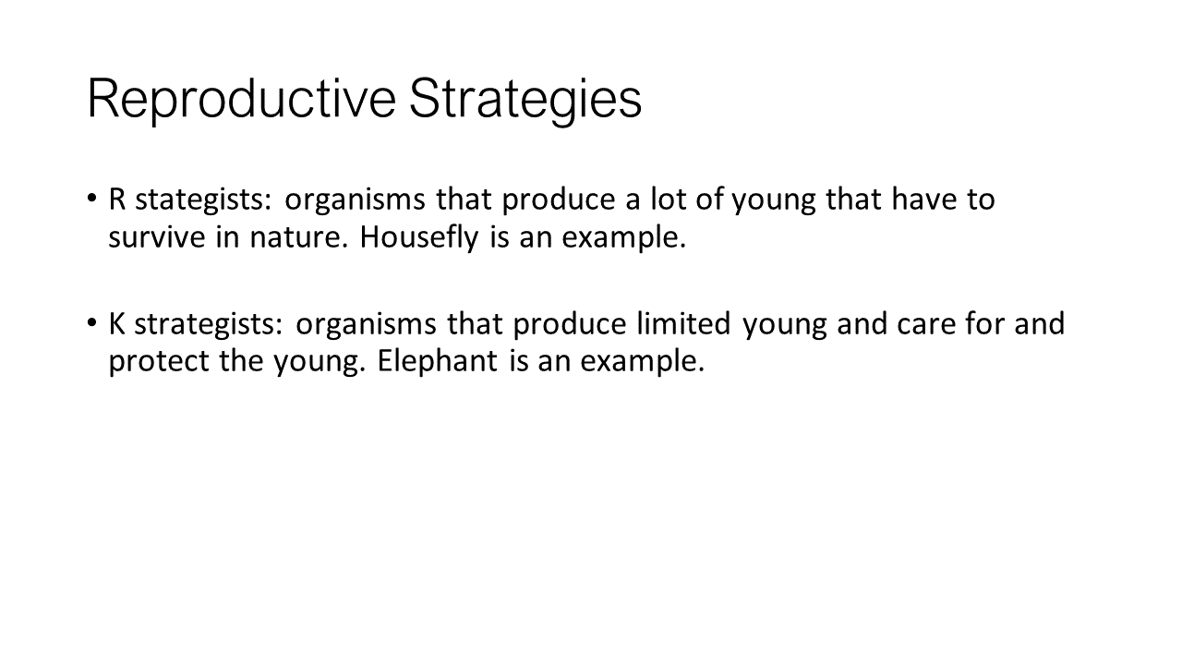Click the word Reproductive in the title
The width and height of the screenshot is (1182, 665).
click(x=242, y=100)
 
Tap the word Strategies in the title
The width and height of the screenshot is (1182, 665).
click(x=525, y=100)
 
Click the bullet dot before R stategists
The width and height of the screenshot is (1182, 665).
click(x=91, y=199)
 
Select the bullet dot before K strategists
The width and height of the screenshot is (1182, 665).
click(x=91, y=322)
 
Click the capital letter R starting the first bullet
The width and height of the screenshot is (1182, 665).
click(x=116, y=199)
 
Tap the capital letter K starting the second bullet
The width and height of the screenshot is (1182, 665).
click(x=116, y=323)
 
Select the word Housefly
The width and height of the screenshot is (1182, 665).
click(x=419, y=238)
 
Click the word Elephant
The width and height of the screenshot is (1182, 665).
click(x=438, y=361)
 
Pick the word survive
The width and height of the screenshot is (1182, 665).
click(x=157, y=238)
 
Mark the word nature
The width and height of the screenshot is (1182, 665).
click(x=299, y=238)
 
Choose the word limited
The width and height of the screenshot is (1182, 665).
click(x=684, y=323)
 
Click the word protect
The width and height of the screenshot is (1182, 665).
click(x=159, y=362)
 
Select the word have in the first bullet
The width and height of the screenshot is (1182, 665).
click(x=924, y=199)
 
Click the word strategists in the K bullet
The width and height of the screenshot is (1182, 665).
click(x=209, y=324)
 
